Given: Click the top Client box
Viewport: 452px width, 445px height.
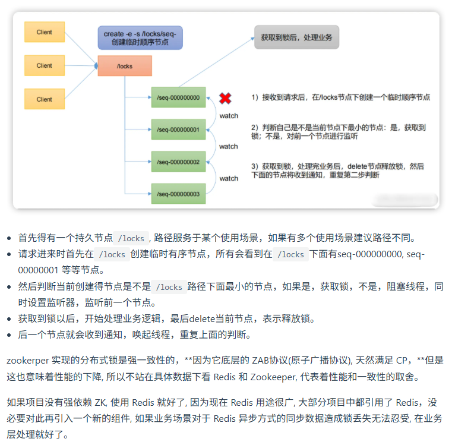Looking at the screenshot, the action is click(45, 32).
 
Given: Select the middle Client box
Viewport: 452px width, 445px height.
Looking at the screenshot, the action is click(45, 65).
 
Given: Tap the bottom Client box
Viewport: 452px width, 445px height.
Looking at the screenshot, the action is click(45, 99).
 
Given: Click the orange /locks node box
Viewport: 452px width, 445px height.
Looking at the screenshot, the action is click(125, 66).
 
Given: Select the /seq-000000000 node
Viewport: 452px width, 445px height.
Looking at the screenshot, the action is click(178, 97).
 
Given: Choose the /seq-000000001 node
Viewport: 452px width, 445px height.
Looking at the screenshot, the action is click(178, 129).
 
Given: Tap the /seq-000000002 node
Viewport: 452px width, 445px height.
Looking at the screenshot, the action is click(178, 161).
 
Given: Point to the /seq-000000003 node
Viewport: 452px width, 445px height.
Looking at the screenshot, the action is click(178, 193).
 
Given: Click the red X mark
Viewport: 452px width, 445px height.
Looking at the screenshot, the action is click(225, 98).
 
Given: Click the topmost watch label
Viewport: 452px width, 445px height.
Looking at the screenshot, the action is click(229, 115).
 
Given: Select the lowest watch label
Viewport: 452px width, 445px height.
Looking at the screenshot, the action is click(229, 178).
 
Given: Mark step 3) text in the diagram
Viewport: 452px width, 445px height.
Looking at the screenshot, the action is click(338, 171).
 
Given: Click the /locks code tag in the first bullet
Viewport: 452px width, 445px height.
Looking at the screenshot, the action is click(131, 238).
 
